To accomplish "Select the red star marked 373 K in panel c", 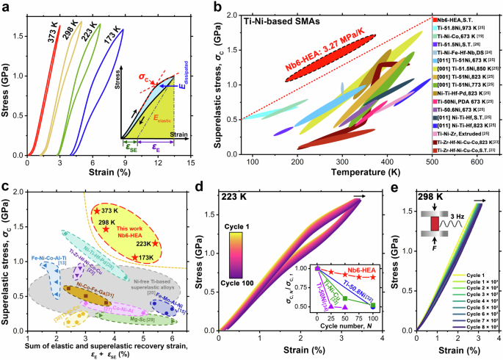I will [x=95, y=211].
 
